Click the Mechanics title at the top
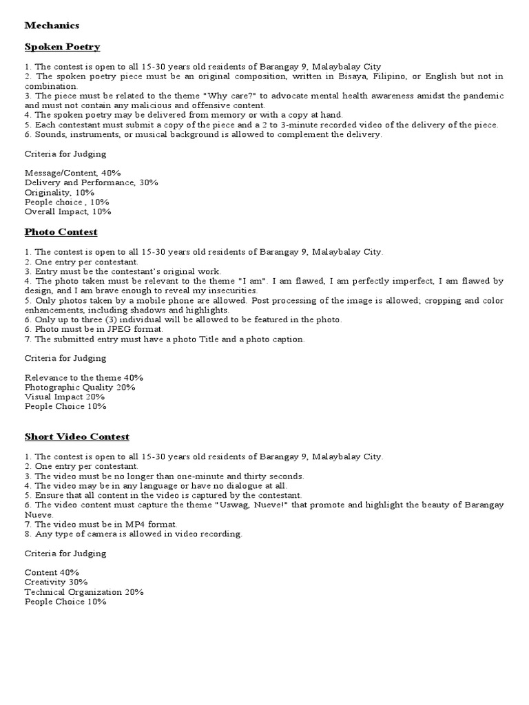coord(52,25)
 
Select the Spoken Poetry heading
coord(62,47)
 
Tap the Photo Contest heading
coord(61,232)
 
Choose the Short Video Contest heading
coord(76,436)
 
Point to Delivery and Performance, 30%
coord(91,182)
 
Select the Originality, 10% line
coord(59,193)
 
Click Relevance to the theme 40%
coord(83,378)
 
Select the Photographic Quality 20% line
coord(79,388)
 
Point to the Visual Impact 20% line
coord(65,397)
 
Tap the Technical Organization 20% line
coord(83,592)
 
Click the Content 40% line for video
coord(52,573)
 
